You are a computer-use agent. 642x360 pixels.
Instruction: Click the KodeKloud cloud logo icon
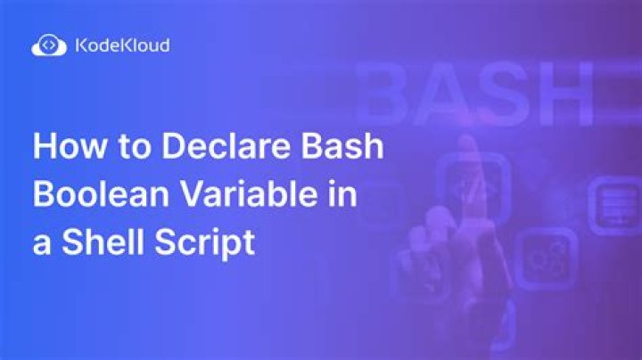(x=46, y=45)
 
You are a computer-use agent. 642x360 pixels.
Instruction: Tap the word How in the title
(x=63, y=147)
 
